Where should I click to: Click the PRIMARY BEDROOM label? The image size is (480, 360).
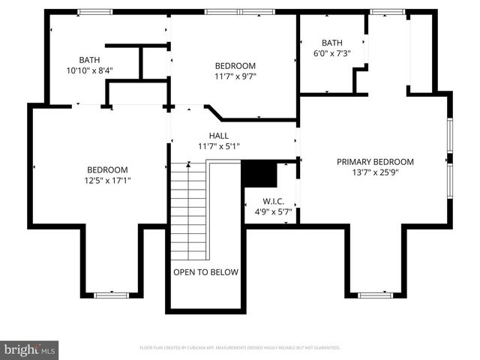point(375,162)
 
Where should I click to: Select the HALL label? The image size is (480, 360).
point(218,135)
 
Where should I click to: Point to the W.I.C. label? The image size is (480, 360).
point(271,202)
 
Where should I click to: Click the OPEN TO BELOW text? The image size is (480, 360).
point(205,272)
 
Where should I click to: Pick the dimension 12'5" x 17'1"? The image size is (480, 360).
point(107,181)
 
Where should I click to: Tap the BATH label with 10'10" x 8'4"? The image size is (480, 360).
point(89,60)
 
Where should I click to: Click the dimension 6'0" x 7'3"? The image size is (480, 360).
point(331,54)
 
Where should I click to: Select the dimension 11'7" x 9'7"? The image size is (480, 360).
point(235,76)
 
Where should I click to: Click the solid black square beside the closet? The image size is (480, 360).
point(259,174)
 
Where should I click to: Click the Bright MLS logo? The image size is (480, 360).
point(30,349)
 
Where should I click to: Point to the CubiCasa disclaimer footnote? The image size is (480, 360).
point(240,348)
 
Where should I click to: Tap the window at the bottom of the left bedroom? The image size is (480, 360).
point(107,295)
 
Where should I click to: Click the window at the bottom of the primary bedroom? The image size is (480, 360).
point(375,295)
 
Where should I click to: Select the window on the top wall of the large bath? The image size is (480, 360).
point(90,11)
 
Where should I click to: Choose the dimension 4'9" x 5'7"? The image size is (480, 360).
point(271,212)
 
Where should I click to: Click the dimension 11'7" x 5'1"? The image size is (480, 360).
point(218,146)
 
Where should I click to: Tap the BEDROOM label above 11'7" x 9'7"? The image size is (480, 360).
point(235,65)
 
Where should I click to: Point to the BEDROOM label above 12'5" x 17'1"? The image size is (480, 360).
point(107,170)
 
